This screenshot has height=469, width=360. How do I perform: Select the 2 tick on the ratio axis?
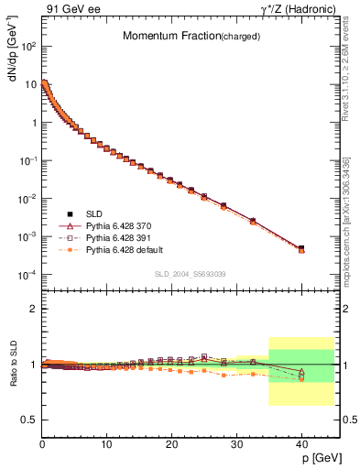point(32,309)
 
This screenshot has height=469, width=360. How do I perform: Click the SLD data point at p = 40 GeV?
point(301,247)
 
